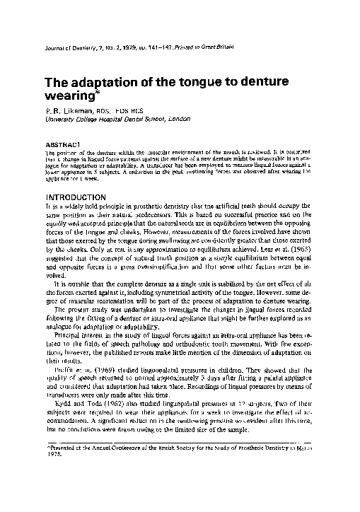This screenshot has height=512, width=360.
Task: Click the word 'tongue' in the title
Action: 188,83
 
